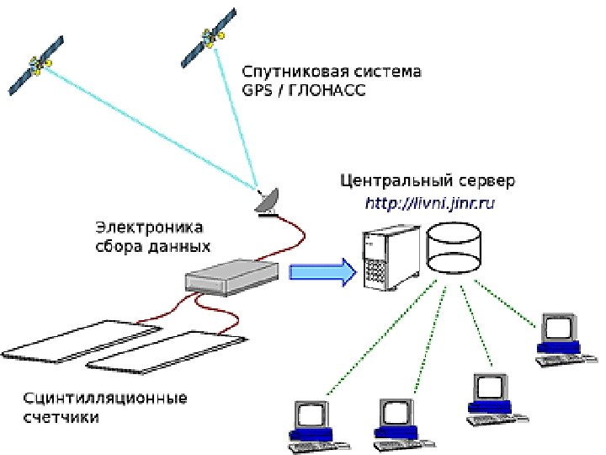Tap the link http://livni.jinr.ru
(428, 203)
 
